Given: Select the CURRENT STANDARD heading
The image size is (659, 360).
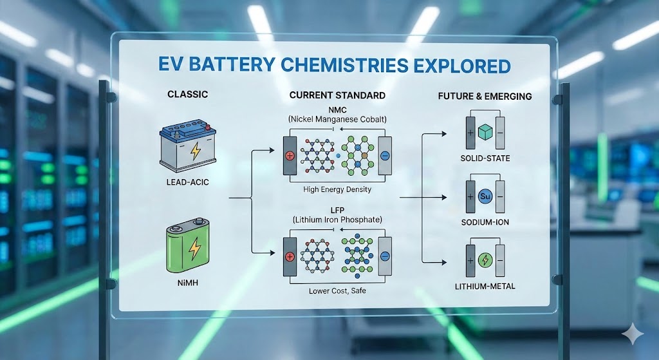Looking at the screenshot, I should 337,95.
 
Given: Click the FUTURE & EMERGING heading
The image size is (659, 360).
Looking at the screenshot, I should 485,97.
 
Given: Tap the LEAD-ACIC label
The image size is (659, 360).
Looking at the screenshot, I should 187,182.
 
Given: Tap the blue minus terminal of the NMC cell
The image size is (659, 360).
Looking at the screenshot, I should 384,156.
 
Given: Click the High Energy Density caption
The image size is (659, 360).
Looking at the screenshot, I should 337,190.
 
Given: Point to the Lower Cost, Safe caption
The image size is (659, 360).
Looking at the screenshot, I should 337,290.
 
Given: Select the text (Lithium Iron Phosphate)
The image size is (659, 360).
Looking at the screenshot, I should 337,220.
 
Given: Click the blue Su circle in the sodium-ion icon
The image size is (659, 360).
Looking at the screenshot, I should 485,196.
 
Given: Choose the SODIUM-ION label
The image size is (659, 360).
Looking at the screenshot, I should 485,222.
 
